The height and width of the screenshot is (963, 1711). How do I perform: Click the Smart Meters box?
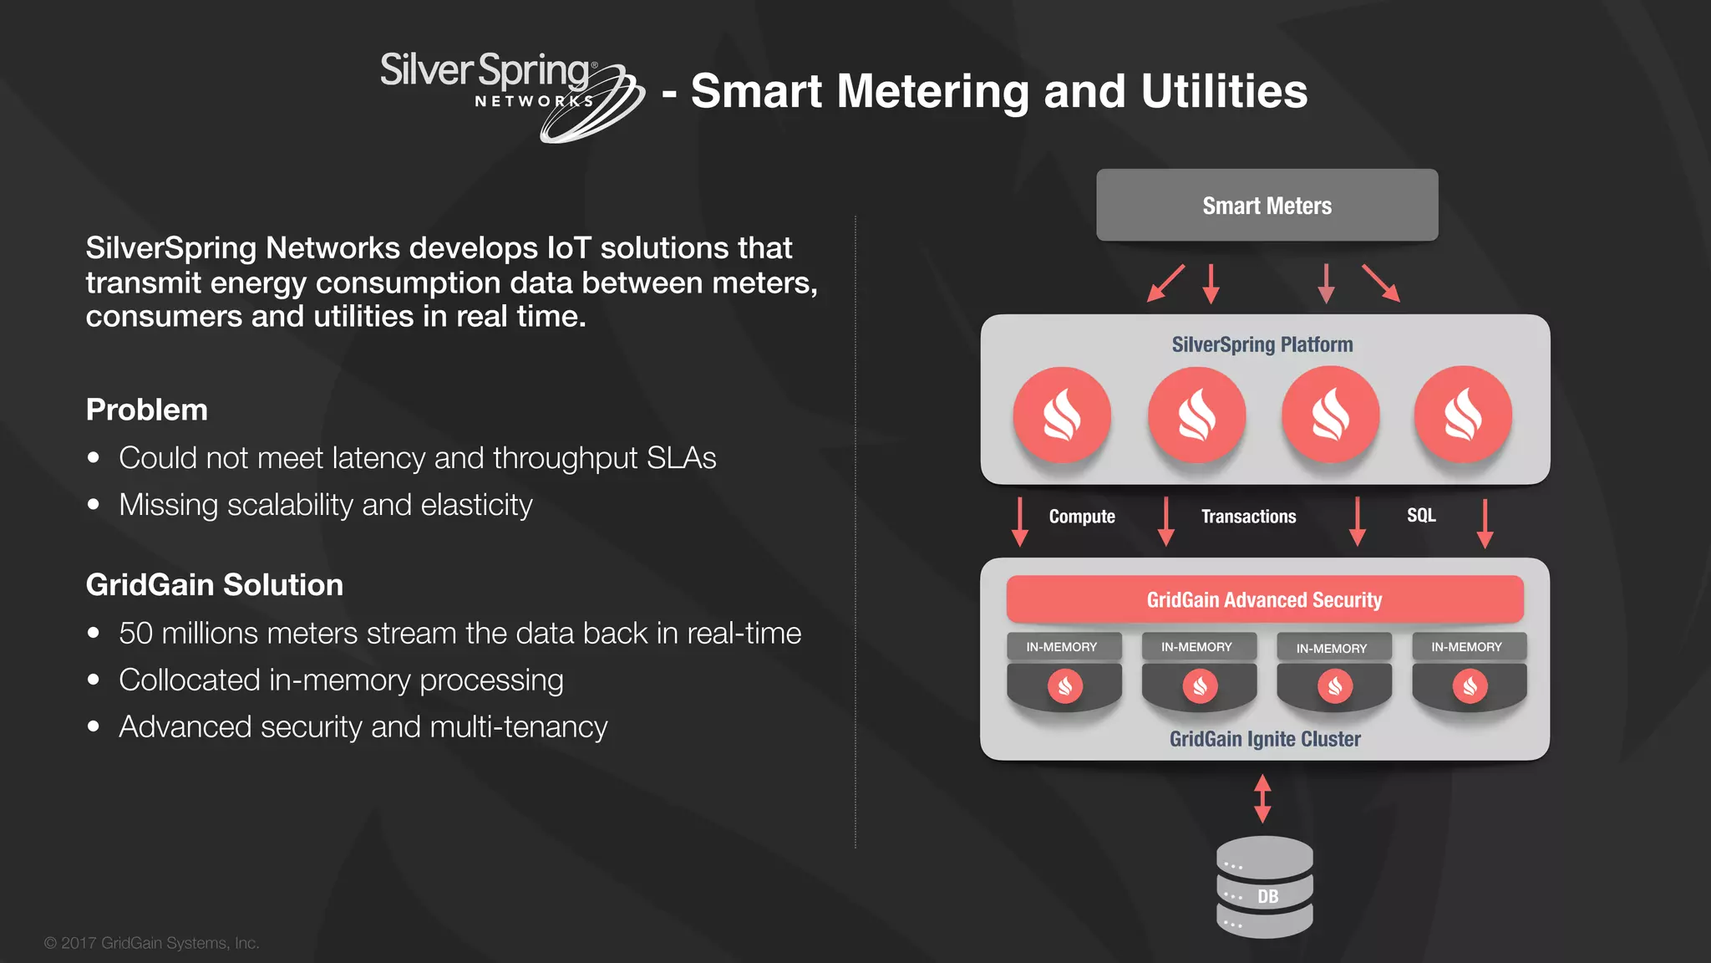click(x=1267, y=206)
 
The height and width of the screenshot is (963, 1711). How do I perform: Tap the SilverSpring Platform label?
click(x=1262, y=344)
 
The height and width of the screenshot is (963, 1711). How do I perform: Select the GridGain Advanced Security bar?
click(x=1264, y=599)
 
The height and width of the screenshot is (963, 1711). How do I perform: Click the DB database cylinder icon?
click(x=1264, y=887)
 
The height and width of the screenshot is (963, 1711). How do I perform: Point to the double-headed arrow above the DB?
click(x=1262, y=797)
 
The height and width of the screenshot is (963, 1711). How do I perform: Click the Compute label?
click(x=1082, y=517)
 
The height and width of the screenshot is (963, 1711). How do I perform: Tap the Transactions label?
click(x=1248, y=517)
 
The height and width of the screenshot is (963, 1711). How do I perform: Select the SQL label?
click(x=1420, y=515)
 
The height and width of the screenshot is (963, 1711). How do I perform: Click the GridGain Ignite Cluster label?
click(x=1264, y=739)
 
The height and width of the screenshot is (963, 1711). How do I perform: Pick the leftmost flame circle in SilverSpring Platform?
click(x=1062, y=415)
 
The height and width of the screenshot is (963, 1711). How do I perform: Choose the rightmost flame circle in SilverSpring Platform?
click(x=1463, y=415)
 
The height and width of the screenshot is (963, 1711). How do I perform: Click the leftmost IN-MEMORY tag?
click(x=1062, y=647)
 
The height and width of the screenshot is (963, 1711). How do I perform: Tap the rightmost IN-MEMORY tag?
click(x=1466, y=647)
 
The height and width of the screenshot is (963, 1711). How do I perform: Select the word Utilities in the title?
click(x=1224, y=91)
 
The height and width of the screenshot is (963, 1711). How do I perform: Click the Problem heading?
click(x=147, y=410)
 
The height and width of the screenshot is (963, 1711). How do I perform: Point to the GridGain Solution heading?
click(x=215, y=584)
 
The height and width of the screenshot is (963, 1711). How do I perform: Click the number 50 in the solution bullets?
click(x=135, y=634)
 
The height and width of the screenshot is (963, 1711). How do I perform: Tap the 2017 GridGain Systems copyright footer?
click(x=152, y=943)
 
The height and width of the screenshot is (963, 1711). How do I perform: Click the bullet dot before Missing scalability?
click(x=94, y=505)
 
